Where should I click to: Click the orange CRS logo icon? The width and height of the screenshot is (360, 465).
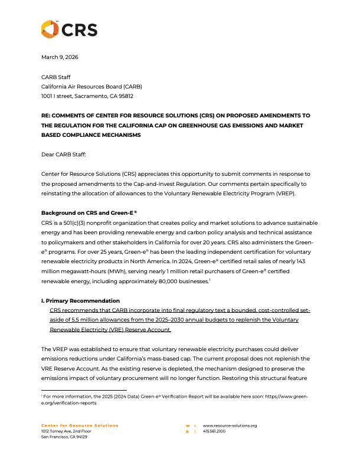[x=50, y=29]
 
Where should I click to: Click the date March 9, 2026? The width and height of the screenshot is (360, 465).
[x=60, y=57]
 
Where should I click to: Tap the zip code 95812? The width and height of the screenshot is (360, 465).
[x=125, y=96]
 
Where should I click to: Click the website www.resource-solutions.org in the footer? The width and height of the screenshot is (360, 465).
[x=230, y=425]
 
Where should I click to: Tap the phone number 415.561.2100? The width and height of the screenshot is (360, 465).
[x=214, y=431]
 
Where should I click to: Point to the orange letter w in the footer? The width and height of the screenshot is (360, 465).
[x=187, y=425]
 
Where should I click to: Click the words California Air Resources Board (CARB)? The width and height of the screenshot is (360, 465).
[x=91, y=86]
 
